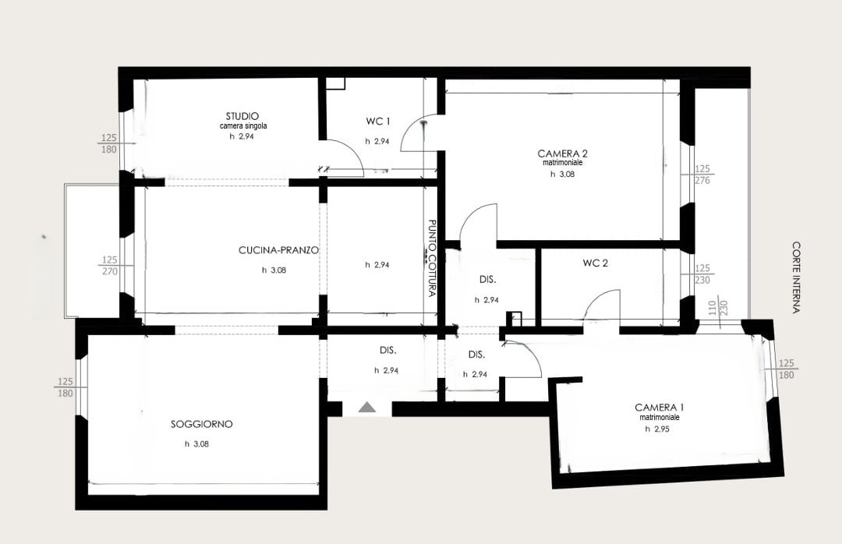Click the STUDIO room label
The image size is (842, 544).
[242, 116]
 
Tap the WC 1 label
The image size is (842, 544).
[378, 122]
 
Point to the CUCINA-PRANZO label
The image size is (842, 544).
[278, 250]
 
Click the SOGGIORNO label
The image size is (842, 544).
[201, 424]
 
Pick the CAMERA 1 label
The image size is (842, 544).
[660, 408]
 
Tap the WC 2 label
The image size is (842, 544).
[596, 263]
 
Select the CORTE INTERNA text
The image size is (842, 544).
[796, 277]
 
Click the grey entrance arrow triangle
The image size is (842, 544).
[368, 407]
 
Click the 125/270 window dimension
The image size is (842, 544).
[110, 266]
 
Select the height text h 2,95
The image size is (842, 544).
[657, 429]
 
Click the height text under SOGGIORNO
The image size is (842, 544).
[196, 444]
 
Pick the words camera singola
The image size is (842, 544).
[243, 126]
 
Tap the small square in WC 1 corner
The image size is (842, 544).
[335, 83]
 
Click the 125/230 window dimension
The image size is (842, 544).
[702, 274]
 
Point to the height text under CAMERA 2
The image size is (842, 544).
[562, 174]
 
